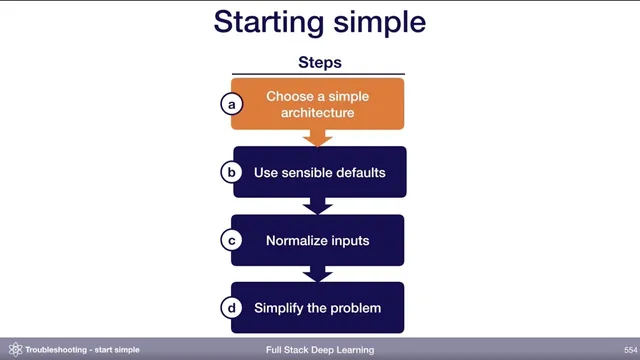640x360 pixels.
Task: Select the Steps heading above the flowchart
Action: pos(319,62)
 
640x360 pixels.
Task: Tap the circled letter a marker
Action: pos(232,104)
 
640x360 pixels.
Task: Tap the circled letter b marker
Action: pos(232,172)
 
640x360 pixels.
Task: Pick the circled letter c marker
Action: pos(232,240)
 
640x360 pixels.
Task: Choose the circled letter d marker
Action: pos(232,308)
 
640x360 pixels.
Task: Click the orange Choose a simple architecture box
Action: pos(318,104)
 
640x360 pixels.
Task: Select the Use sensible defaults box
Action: pos(318,172)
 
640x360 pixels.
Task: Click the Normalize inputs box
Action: pos(318,240)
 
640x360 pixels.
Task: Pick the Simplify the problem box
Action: pos(318,308)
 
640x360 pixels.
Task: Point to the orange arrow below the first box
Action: pos(318,138)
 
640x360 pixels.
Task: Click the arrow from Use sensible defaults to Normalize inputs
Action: pos(318,206)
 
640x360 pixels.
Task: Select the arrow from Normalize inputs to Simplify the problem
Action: pos(318,274)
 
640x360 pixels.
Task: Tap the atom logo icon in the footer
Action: pos(14,350)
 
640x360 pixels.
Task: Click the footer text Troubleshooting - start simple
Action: pos(82,350)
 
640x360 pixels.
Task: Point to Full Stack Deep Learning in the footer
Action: pos(320,350)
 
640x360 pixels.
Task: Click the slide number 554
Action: pos(622,350)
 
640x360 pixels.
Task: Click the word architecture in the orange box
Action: pos(318,113)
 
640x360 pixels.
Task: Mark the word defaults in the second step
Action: pos(359,172)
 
